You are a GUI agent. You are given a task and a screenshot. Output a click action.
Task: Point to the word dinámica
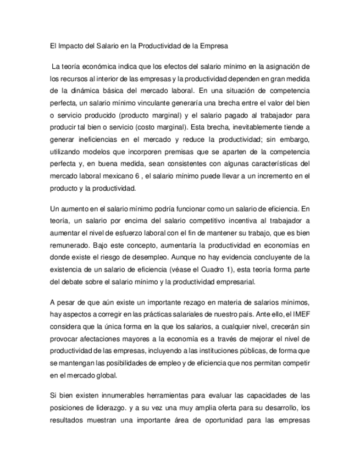pyautogui.click(x=87, y=90)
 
